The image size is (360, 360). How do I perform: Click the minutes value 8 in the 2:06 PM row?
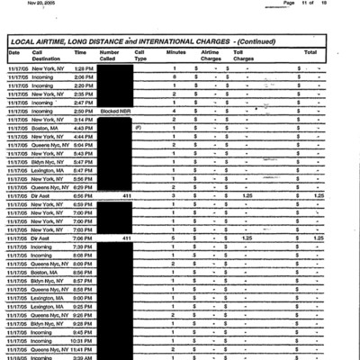(174, 77)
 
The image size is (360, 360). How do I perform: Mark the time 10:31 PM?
(83, 341)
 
